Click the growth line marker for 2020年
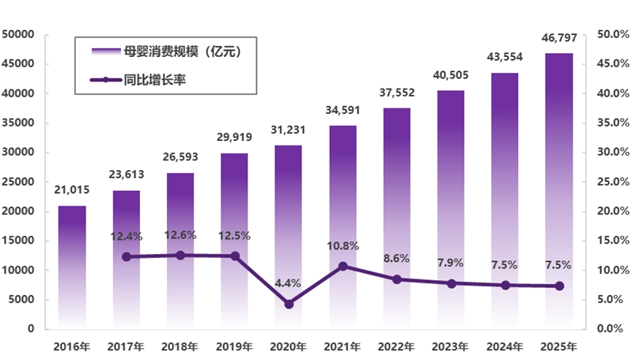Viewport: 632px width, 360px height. pyautogui.click(x=289, y=304)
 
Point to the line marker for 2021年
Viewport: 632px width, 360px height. pyautogui.click(x=342, y=266)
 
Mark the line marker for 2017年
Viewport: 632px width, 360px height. pyautogui.click(x=127, y=256)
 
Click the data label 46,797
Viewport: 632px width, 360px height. pyautogui.click(x=560, y=40)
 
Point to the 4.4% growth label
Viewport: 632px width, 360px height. pyautogui.click(x=289, y=282)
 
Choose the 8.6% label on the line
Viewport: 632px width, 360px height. pyautogui.click(x=397, y=259)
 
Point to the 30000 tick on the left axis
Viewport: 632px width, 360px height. pyautogui.click(x=21, y=153)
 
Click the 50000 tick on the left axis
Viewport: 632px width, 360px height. pyautogui.click(x=21, y=35)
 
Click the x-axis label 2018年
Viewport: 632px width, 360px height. pyautogui.click(x=180, y=347)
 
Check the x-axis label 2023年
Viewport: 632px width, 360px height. pyautogui.click(x=451, y=347)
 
